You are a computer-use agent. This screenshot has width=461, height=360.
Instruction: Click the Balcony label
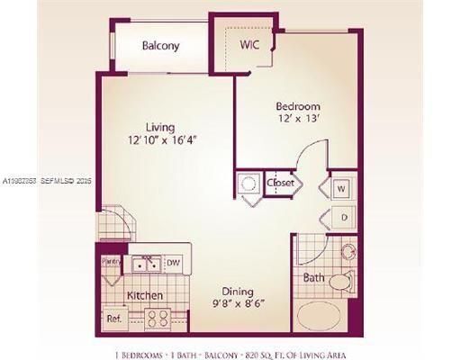click(x=161, y=46)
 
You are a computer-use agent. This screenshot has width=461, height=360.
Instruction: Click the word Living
click(x=159, y=127)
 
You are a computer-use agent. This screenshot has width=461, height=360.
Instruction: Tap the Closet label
click(x=280, y=184)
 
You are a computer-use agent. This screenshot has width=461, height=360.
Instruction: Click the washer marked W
click(x=341, y=190)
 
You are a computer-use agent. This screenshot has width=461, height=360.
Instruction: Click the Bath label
click(x=313, y=278)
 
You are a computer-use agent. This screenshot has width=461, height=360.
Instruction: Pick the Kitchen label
click(x=144, y=295)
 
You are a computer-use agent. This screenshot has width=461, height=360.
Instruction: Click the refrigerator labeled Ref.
click(x=114, y=318)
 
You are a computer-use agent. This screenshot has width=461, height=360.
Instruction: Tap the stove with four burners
click(x=158, y=318)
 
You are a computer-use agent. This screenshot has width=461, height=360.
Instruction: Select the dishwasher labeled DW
click(x=174, y=263)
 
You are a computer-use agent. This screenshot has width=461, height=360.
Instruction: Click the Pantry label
click(x=111, y=260)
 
